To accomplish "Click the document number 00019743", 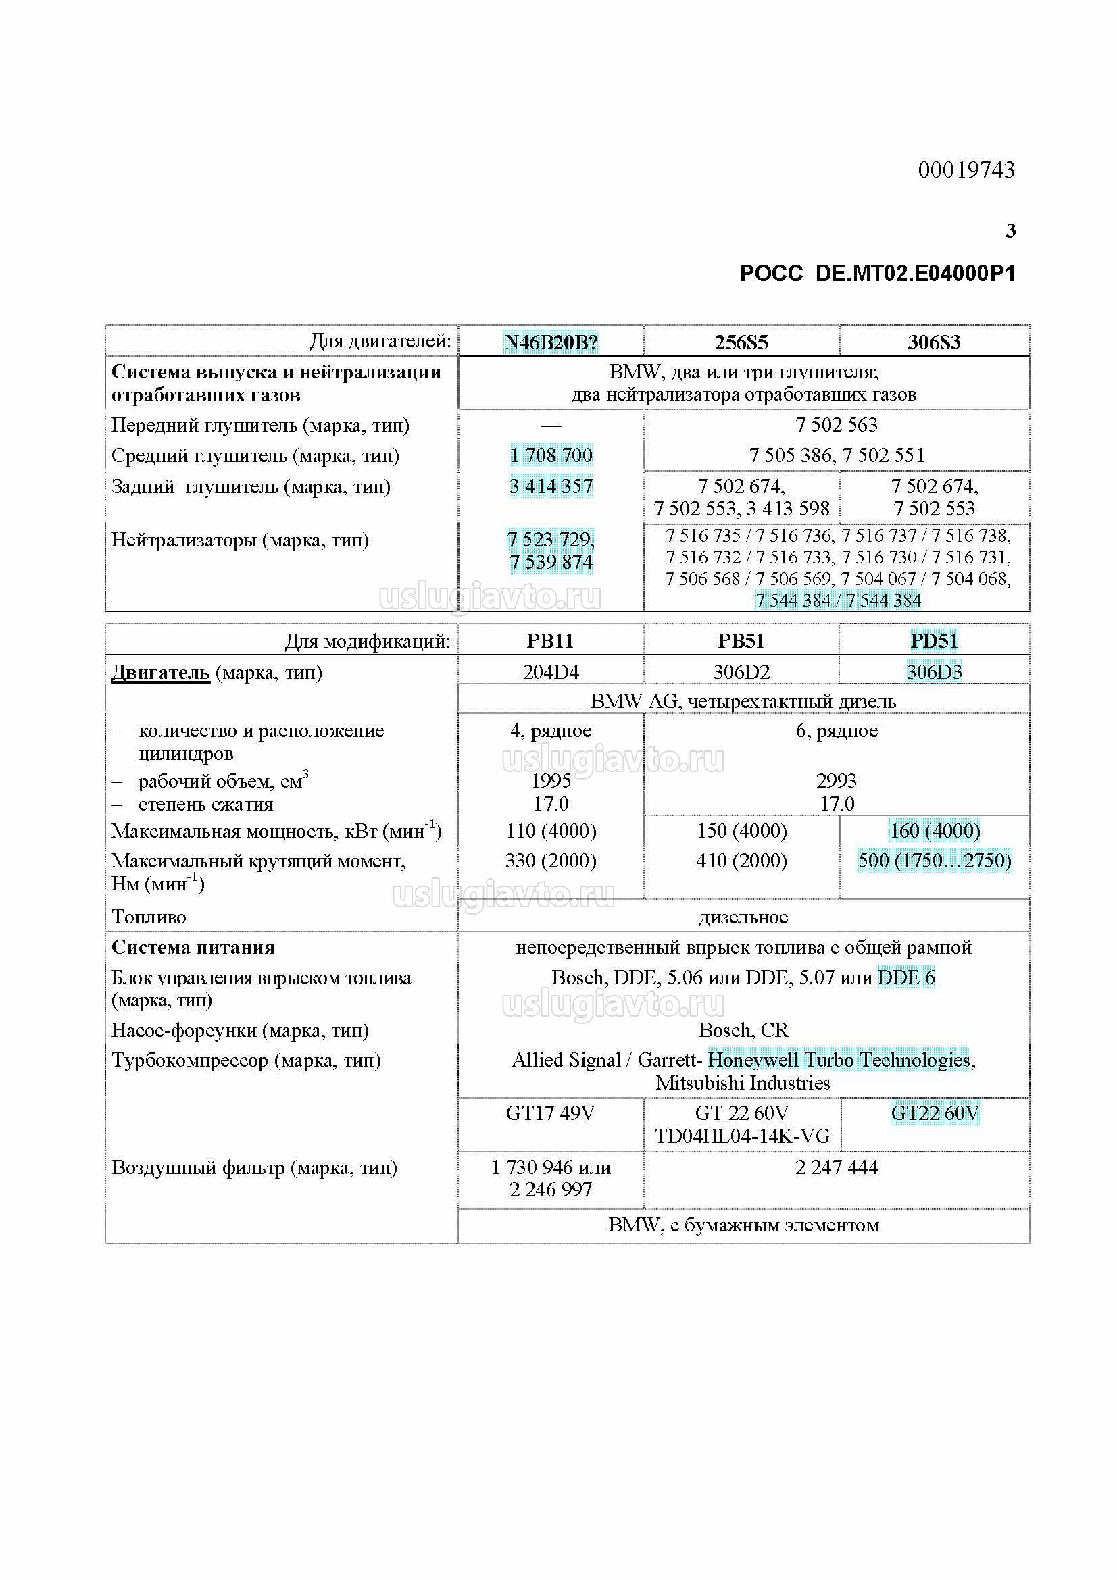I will click(966, 170).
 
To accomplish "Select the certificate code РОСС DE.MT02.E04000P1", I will click(878, 274).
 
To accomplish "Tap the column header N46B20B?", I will click(551, 342).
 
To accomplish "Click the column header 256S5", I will click(741, 342).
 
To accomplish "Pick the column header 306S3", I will click(934, 342).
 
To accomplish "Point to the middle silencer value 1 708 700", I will click(551, 455).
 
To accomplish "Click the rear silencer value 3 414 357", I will click(551, 486).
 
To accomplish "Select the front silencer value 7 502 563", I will click(836, 425).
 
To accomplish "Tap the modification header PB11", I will click(550, 640).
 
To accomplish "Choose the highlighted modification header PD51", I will click(934, 640).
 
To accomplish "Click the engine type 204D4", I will click(551, 671).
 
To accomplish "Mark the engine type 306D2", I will click(741, 671).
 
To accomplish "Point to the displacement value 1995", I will click(551, 780).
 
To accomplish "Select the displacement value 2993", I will click(836, 780).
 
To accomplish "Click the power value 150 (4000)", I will click(741, 831).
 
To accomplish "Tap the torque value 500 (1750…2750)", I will click(934, 860).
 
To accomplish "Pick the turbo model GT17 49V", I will click(550, 1113).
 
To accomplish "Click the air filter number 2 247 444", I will click(836, 1167).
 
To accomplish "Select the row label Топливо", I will click(149, 917).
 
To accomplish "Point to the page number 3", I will click(1010, 230).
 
